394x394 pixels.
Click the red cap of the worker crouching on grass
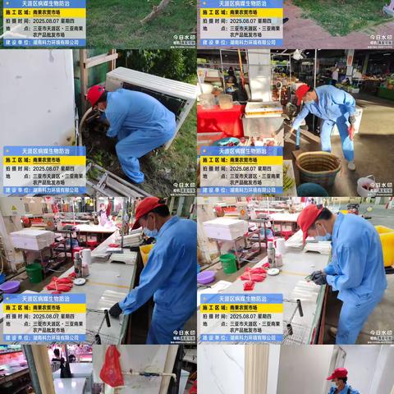pyautogui.click(x=95, y=94)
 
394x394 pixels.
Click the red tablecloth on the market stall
pyautogui.click(x=220, y=119)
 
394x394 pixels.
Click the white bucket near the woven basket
pyautogui.click(x=364, y=186)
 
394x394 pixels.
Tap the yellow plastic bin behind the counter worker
pyautogui.click(x=384, y=244)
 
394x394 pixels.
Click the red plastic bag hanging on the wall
pyautogui.click(x=112, y=369)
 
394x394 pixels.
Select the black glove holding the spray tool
pyautogui.click(x=116, y=309)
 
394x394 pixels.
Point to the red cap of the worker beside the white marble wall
pyautogui.click(x=337, y=374)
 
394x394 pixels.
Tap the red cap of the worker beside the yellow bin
pyautogui.click(x=309, y=218)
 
